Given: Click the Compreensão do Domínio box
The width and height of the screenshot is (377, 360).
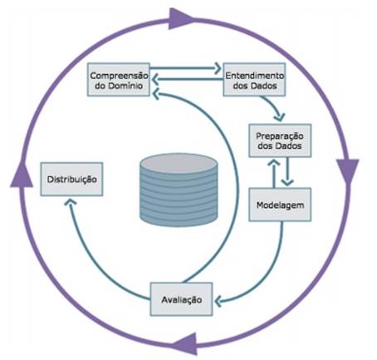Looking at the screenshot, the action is pos(119,80).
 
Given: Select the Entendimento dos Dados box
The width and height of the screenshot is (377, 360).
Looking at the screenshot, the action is pos(254,80).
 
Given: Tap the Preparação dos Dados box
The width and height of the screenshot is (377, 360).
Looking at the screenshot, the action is pos(280,141).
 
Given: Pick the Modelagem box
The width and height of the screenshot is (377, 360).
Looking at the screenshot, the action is pos(280,205).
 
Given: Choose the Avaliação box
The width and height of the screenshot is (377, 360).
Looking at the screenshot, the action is pos(181,299).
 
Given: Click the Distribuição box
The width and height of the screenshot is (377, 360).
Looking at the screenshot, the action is pos(71,180).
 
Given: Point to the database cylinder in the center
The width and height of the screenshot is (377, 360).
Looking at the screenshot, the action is pos(179,190).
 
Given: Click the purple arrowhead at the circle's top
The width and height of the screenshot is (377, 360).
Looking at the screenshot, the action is pos(180,19).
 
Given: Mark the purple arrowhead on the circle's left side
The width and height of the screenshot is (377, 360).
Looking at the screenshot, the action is pos(22,175).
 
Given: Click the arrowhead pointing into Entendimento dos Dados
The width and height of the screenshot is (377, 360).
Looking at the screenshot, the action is pos(218,68).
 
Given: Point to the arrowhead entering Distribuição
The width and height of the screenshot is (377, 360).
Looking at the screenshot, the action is pos(71,202).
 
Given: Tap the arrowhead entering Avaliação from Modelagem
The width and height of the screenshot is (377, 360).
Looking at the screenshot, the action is pos(218,301).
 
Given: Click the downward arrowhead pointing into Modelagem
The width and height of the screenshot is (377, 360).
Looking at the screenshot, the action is pos(287,182).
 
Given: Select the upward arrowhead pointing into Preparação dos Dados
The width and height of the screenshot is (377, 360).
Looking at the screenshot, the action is pos(274,162).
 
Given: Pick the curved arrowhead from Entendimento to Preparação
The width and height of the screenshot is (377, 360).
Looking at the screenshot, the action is pos(280,116).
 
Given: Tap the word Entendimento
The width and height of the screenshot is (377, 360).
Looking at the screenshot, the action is pos(254,76).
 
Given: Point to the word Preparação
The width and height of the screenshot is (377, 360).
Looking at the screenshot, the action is pos(280,136).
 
